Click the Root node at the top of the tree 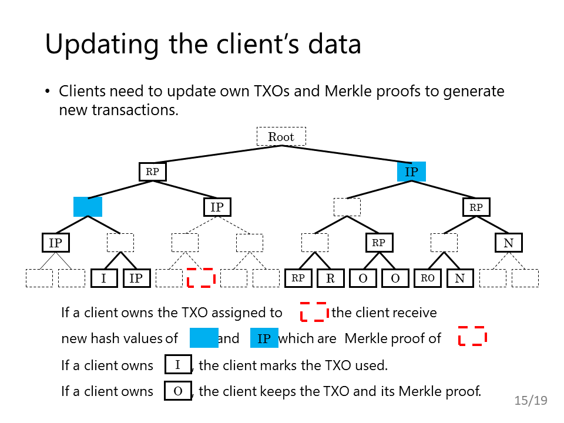(281, 136)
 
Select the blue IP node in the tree (411, 172)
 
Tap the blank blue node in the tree (88, 207)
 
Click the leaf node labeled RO (428, 278)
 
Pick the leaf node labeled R (331, 278)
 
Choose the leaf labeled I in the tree (104, 278)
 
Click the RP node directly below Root (153, 172)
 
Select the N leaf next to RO (460, 278)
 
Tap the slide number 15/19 (531, 400)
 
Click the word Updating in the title (102, 45)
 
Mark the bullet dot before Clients (48, 92)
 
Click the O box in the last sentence (178, 391)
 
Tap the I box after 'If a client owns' (178, 364)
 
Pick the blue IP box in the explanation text (264, 338)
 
